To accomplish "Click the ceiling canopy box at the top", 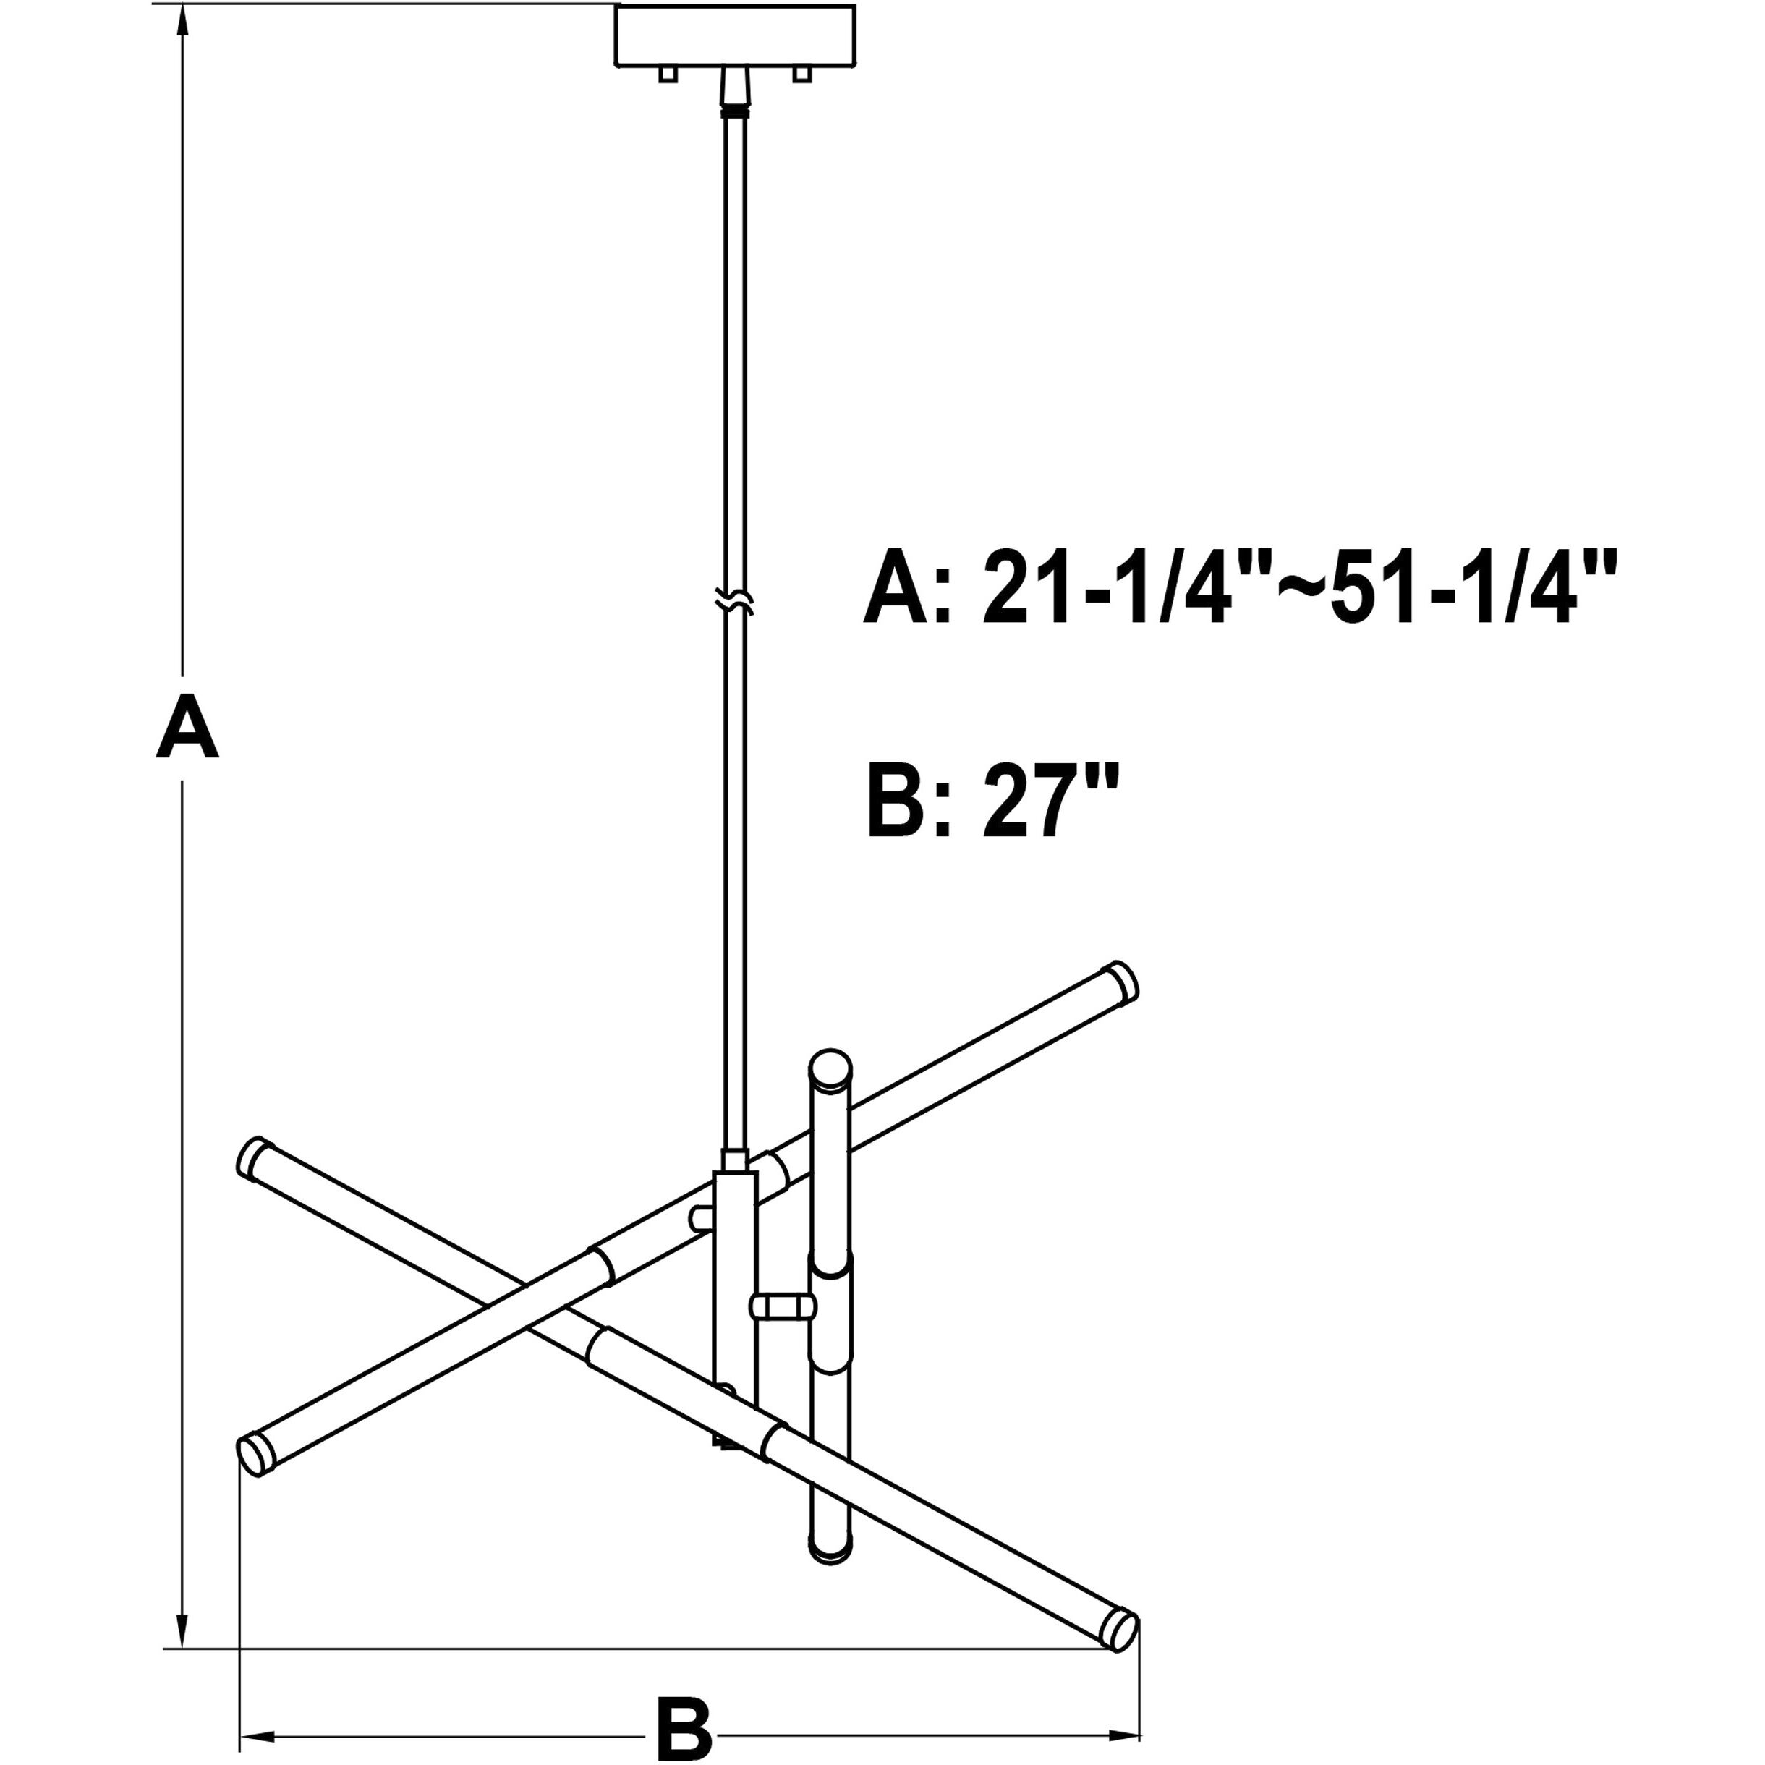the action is (736, 37).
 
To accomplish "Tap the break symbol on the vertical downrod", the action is (736, 601).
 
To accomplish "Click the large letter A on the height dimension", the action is (187, 726).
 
